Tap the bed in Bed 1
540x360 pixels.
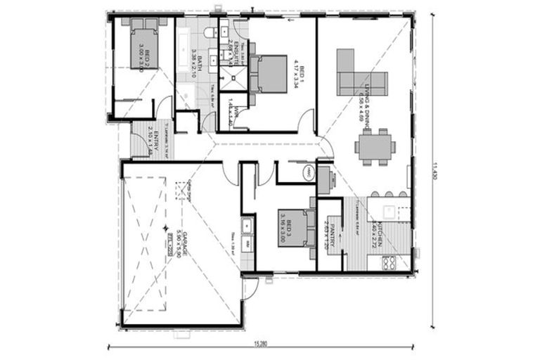coord(268,74)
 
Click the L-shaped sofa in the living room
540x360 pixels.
coord(359,76)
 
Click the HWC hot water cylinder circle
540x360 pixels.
coord(308,173)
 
